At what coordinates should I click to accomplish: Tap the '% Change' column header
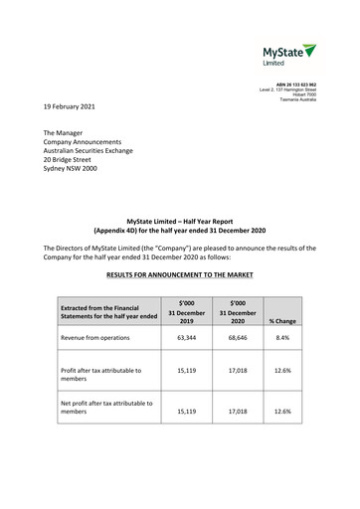pos(285,318)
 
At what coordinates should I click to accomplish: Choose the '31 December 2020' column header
pos(236,313)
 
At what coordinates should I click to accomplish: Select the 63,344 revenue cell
pos(185,338)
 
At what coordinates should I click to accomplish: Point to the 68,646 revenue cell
pos(236,338)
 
